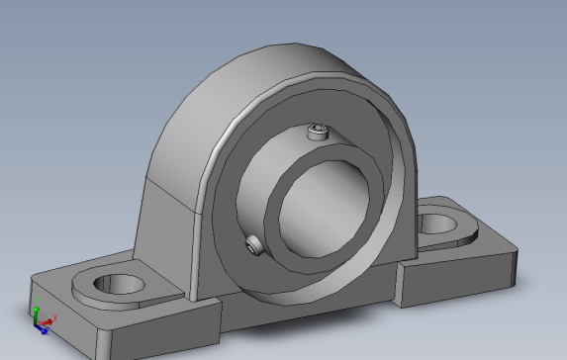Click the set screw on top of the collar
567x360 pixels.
tap(317, 133)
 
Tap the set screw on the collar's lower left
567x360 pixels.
tap(255, 244)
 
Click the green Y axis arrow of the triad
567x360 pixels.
tap(35, 307)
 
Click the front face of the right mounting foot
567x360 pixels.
tap(445, 285)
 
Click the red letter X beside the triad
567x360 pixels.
tap(55, 317)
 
